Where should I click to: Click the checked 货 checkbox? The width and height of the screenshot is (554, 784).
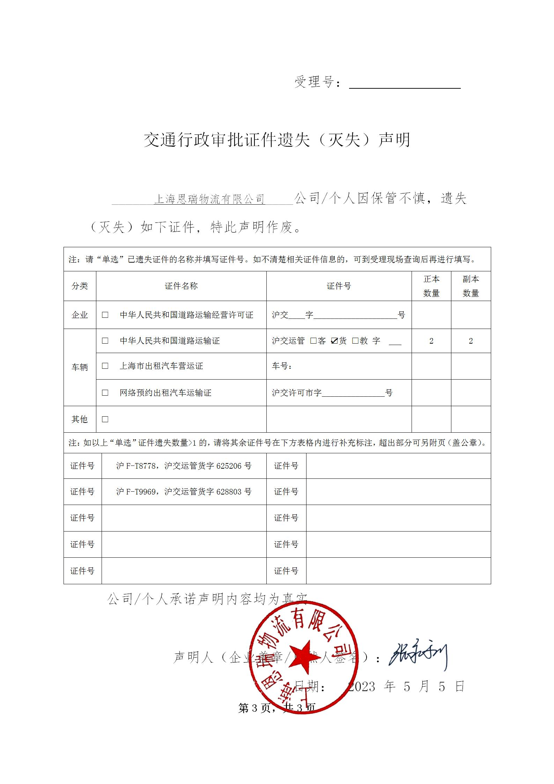pyautogui.click(x=334, y=341)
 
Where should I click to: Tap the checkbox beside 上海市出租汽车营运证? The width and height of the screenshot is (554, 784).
pyautogui.click(x=105, y=366)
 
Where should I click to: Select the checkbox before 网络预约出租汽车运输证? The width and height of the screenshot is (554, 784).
pyautogui.click(x=105, y=393)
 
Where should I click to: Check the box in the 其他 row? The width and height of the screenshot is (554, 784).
pyautogui.click(x=105, y=419)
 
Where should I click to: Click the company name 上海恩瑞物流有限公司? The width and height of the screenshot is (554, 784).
pyautogui.click(x=209, y=199)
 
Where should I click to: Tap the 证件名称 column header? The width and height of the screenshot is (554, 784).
pyautogui.click(x=181, y=286)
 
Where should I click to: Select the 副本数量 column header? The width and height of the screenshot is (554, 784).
pyautogui.click(x=471, y=286)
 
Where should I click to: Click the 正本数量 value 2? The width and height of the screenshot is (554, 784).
pyautogui.click(x=431, y=341)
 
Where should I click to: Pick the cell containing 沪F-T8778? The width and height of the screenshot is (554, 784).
pyautogui.click(x=184, y=466)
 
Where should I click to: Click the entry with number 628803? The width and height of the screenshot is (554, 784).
pyautogui.click(x=184, y=492)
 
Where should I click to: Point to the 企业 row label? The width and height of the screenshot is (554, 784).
pyautogui.click(x=80, y=315)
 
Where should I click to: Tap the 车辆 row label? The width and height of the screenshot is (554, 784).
pyautogui.click(x=80, y=367)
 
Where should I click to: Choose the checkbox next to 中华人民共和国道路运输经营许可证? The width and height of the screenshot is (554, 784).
pyautogui.click(x=105, y=315)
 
